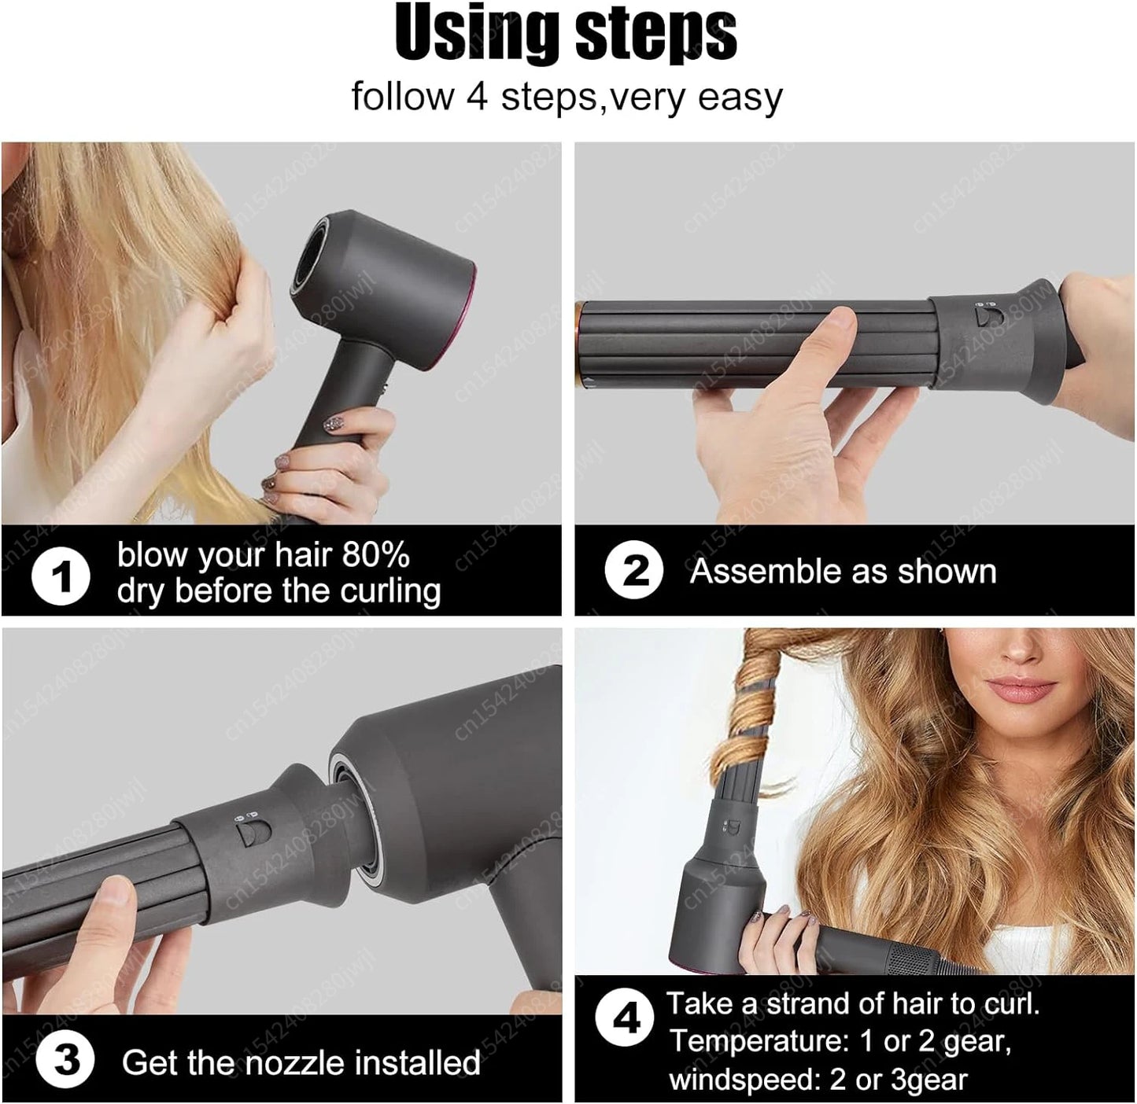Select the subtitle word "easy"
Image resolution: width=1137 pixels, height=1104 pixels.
point(740,98)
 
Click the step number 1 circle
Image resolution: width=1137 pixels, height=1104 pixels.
point(61,577)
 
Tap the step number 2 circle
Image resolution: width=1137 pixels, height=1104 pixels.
point(634,570)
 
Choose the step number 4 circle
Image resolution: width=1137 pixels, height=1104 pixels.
point(625,1019)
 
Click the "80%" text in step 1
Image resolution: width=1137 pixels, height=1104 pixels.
point(375,555)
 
